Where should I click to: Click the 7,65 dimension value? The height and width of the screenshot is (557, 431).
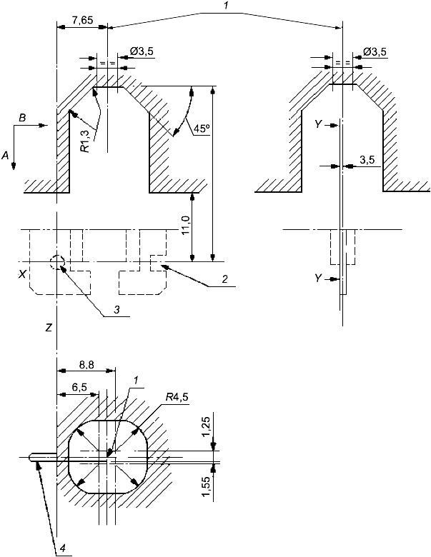pos(82,20)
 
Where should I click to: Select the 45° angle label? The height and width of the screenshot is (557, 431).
pos(202,129)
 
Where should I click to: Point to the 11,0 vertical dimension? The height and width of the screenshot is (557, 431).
pos(186,225)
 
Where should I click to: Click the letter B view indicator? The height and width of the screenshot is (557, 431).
pos(22,119)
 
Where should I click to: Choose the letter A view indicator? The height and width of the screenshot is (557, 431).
pos(5,155)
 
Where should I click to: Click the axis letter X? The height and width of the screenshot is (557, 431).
pos(23,274)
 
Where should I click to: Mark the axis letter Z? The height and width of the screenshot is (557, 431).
pos(49,328)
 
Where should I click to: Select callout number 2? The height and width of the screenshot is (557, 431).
pos(224,279)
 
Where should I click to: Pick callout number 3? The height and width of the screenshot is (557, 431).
pos(117,309)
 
